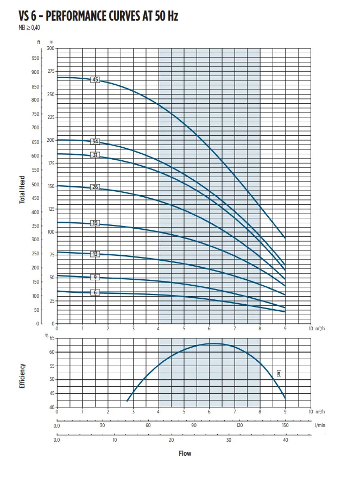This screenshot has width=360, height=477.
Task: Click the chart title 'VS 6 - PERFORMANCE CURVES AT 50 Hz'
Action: coord(90,17)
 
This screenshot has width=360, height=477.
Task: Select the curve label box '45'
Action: coord(96,79)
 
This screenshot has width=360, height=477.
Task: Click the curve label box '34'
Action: coord(96,141)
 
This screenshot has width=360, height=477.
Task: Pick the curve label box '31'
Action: coord(96,155)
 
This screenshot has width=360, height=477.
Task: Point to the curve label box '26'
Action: coord(96,187)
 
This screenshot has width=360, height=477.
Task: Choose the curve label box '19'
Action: coord(96,223)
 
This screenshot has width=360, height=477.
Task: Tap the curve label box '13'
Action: coord(96,254)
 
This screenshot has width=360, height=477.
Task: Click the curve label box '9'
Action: coord(96,277)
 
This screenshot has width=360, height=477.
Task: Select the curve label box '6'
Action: coord(96,292)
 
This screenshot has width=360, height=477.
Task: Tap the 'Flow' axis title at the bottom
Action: coord(185,453)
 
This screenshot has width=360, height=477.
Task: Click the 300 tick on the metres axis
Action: coord(50,48)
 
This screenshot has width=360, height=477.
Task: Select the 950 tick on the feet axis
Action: coord(36,58)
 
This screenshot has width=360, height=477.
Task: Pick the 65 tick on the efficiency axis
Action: coord(52,338)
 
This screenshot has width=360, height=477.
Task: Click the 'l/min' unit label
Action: coord(320,425)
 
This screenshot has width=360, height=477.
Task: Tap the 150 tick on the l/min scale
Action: coord(286,425)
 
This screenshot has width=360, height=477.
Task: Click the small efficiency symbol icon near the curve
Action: coord(279,373)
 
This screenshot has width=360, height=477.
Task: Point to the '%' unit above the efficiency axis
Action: coord(47,335)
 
